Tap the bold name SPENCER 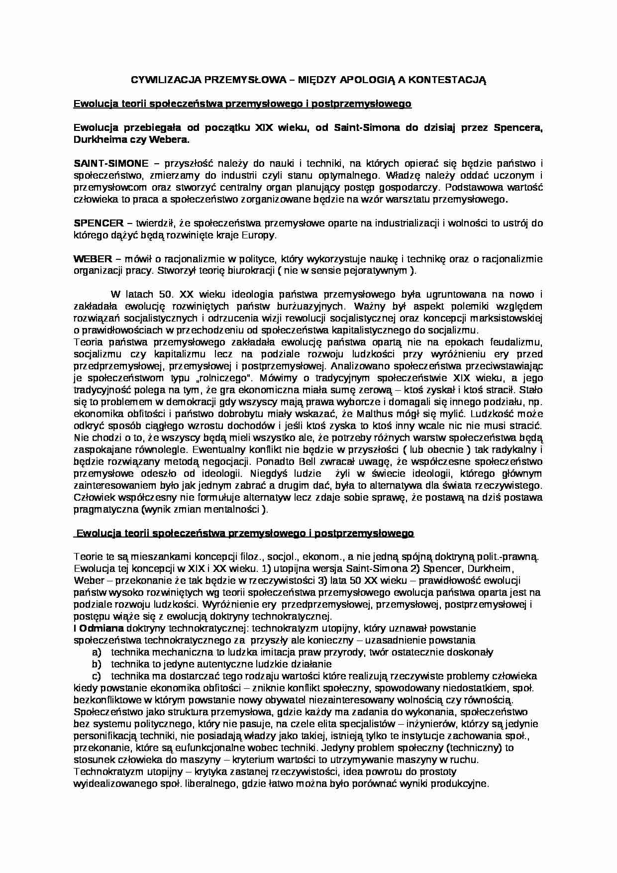98,223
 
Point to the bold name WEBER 93,259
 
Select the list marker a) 97,652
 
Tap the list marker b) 97,664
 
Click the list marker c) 97,676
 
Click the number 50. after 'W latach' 164,295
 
